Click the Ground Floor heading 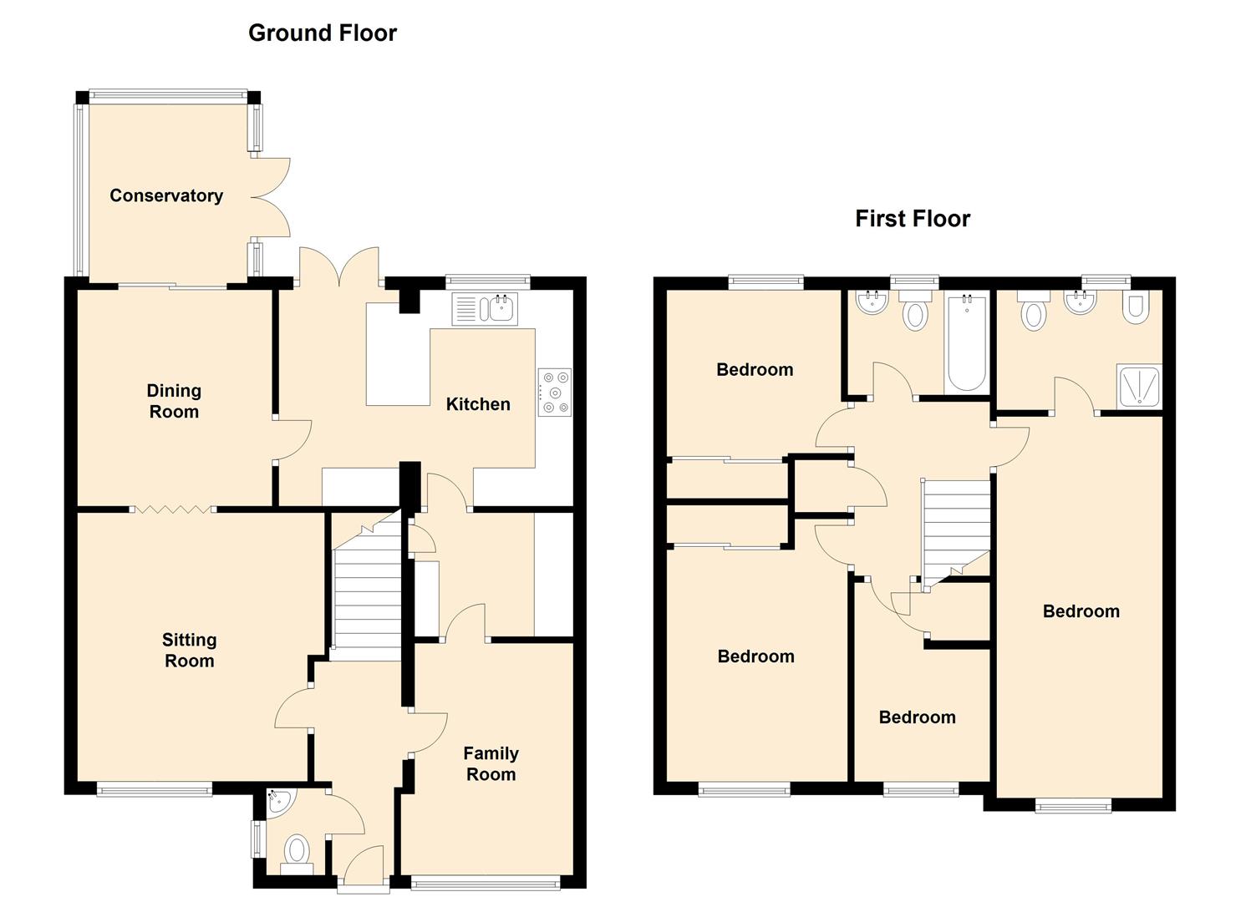[x=323, y=33]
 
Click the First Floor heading [x=913, y=219]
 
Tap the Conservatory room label [x=166, y=195]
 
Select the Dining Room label [x=174, y=401]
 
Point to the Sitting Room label [x=190, y=650]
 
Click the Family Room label [x=491, y=763]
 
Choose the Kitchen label [x=478, y=404]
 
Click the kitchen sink [x=485, y=309]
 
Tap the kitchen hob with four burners [x=555, y=393]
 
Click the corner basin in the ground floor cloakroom [x=281, y=803]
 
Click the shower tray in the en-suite [x=1139, y=386]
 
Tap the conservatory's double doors [x=271, y=198]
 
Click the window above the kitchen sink [x=487, y=281]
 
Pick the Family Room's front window [x=486, y=882]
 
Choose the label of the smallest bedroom [x=917, y=717]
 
